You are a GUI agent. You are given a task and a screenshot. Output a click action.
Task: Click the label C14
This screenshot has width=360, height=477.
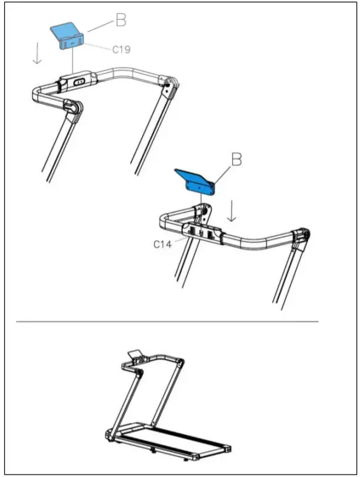tap(162, 243)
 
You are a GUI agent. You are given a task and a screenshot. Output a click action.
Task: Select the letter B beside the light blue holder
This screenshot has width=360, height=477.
tap(121, 20)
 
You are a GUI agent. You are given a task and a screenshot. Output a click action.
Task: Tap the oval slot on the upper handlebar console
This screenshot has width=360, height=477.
tap(80, 81)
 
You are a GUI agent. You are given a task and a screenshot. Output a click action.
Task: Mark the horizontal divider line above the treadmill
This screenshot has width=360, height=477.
tap(167, 321)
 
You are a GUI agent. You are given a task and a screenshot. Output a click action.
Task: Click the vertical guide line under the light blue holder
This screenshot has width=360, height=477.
tap(73, 62)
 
